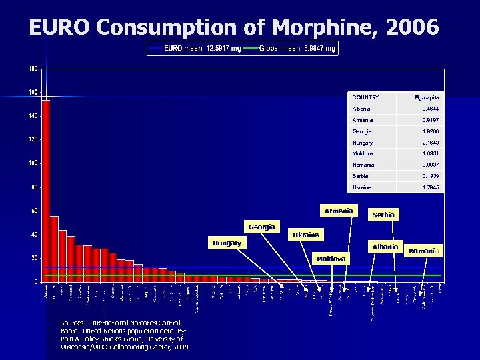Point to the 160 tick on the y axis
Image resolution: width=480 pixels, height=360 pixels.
(33, 92)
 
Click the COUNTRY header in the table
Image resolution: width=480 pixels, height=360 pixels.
(365, 97)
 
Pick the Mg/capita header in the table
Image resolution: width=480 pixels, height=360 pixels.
(427, 97)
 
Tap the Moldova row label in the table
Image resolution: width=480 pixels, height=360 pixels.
(363, 154)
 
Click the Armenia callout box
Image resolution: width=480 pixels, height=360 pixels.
(339, 211)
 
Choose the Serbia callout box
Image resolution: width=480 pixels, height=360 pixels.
(383, 215)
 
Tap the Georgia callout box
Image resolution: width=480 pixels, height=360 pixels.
(262, 227)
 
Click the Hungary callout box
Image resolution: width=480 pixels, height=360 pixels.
(227, 243)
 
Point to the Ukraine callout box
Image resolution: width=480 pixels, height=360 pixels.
(306, 235)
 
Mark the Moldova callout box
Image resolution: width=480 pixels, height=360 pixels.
(331, 259)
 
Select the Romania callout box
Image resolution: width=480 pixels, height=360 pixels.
(425, 251)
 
